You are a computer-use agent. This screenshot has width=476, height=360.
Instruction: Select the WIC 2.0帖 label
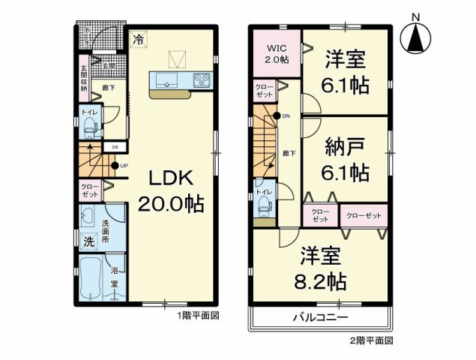pos(274,54)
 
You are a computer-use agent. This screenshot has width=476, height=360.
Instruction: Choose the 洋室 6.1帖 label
pos(346,72)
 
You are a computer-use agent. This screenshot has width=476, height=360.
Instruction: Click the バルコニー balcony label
pos(320,318)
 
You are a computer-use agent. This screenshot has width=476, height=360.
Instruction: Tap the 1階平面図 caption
pos(198,316)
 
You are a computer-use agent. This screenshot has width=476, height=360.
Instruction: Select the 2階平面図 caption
pos(371,340)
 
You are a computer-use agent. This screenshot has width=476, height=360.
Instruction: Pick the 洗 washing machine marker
pos(88,241)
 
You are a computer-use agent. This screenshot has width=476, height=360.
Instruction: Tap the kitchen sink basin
pos(164,79)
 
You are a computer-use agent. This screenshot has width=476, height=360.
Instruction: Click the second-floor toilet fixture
pos(263,210)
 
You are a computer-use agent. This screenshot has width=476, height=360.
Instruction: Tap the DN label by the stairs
pos(286,115)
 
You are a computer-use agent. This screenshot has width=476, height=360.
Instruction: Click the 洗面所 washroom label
pos(106,232)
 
